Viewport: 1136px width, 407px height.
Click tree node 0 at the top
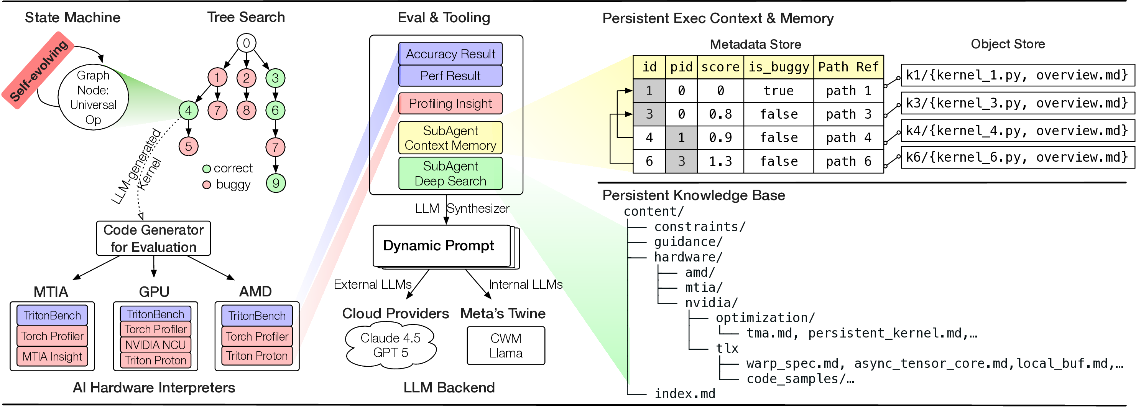click(x=246, y=43)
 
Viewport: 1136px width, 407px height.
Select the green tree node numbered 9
click(x=276, y=183)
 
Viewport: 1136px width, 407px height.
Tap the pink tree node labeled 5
click(x=188, y=146)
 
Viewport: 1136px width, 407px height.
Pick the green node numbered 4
click(x=188, y=110)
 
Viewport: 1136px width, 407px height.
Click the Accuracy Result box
click(x=450, y=54)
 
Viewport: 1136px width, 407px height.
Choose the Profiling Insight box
click(x=450, y=103)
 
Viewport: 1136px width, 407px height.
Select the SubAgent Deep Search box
click(x=450, y=174)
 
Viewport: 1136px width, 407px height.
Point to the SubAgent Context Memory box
click(x=450, y=138)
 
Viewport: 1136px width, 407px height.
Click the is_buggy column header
click(x=778, y=67)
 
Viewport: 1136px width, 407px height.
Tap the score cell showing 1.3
click(x=720, y=161)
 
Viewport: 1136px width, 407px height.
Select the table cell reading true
click(x=778, y=91)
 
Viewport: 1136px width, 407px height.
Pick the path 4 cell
click(x=848, y=138)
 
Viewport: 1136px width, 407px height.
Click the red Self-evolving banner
click(x=38, y=70)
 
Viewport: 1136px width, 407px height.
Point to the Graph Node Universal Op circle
click(x=93, y=98)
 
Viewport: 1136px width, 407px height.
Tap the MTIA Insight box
click(x=52, y=356)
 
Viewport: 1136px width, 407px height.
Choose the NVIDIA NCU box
click(x=155, y=345)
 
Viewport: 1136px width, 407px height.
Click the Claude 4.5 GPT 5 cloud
click(x=391, y=345)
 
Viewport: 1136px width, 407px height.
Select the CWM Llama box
click(x=506, y=346)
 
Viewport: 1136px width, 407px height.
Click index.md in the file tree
click(x=684, y=393)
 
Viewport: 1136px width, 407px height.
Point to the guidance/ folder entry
click(x=688, y=242)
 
